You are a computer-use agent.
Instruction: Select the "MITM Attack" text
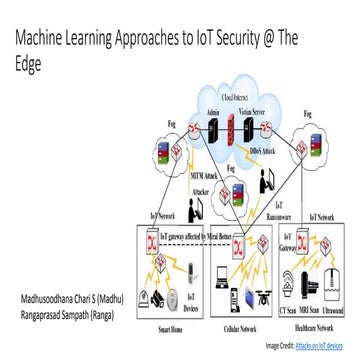(202, 173)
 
